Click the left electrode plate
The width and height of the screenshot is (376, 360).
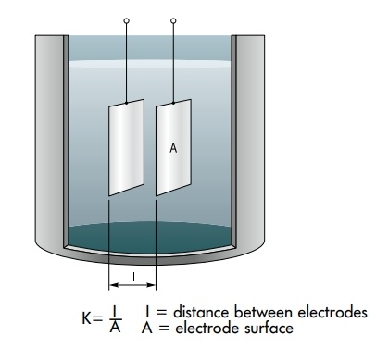(x=127, y=148)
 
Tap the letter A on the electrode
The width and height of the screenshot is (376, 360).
(x=173, y=146)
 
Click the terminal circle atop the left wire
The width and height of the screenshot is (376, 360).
(x=126, y=19)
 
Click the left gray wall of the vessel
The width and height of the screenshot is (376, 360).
(x=49, y=139)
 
